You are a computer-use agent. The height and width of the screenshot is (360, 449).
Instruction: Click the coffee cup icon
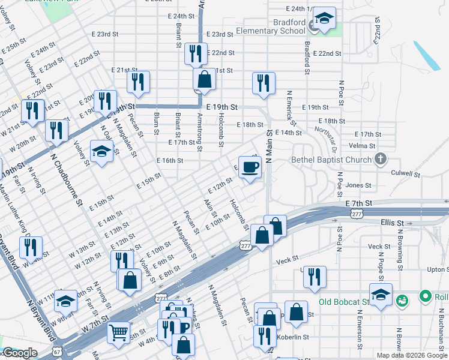pyautogui.click(x=250, y=167)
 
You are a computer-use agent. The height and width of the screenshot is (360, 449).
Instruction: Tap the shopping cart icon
pyautogui.click(x=118, y=331)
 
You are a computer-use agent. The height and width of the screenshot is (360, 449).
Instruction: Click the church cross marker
pyautogui.click(x=379, y=160)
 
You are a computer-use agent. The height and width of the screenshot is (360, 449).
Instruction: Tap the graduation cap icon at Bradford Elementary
pyautogui.click(x=324, y=19)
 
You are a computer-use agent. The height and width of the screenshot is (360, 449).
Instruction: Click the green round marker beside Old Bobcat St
pyautogui.click(x=426, y=296)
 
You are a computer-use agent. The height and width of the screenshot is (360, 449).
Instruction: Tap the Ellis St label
pyautogui.click(x=392, y=223)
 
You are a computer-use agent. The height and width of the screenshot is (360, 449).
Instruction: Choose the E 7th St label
pyautogui.click(x=359, y=204)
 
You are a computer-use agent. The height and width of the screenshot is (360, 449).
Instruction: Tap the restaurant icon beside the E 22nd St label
pyautogui.click(x=196, y=54)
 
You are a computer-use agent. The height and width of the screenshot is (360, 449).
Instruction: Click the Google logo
pyautogui.click(x=20, y=353)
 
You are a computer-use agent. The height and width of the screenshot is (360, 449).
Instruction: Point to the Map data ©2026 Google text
pyautogui.click(x=411, y=355)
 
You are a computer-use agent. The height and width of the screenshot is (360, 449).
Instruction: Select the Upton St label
pyautogui.click(x=438, y=270)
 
